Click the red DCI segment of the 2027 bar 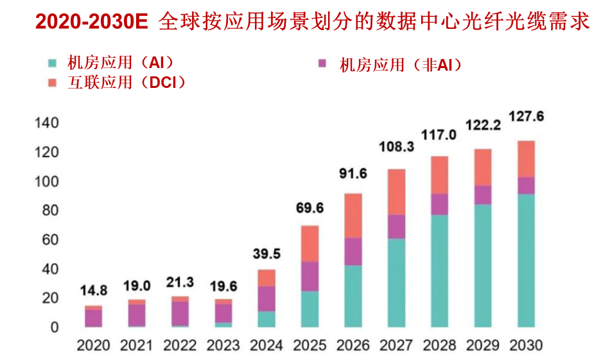coord(396,192)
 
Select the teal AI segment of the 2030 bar coord(526,261)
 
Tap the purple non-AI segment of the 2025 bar coord(309,277)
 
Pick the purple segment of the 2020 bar coord(93,318)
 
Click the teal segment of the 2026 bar coord(353,296)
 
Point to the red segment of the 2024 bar coord(266,278)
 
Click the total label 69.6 coord(309,208)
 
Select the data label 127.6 coord(527,116)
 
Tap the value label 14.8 coord(94,291)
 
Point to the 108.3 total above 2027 coord(397,146)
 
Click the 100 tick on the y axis coord(47,182)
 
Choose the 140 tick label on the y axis coord(47,123)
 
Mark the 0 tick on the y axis coord(55,327)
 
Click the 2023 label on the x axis coord(223,345)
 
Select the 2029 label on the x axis coord(483,345)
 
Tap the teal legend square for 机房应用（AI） coord(52,63)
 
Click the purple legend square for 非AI coord(322,63)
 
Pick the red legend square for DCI coord(52,83)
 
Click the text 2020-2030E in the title coord(92,22)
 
